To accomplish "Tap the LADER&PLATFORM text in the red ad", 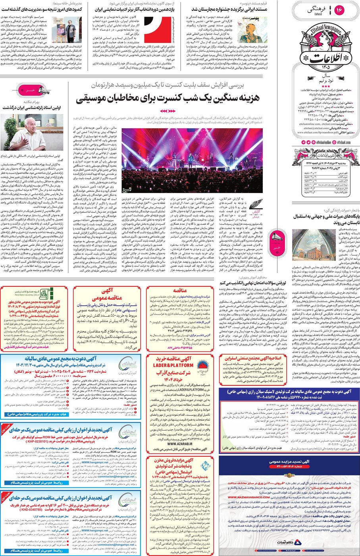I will pyautogui.click(x=173, y=365).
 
